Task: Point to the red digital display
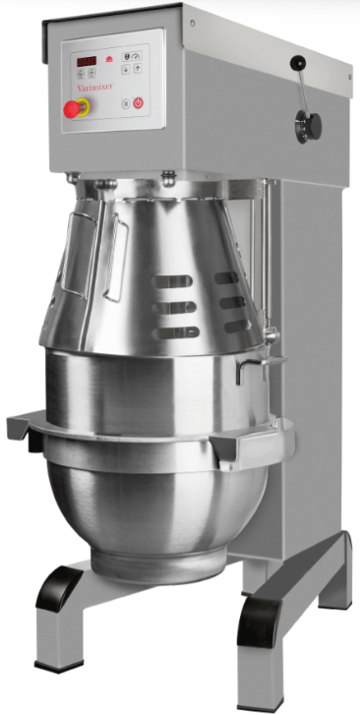click(87, 62)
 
